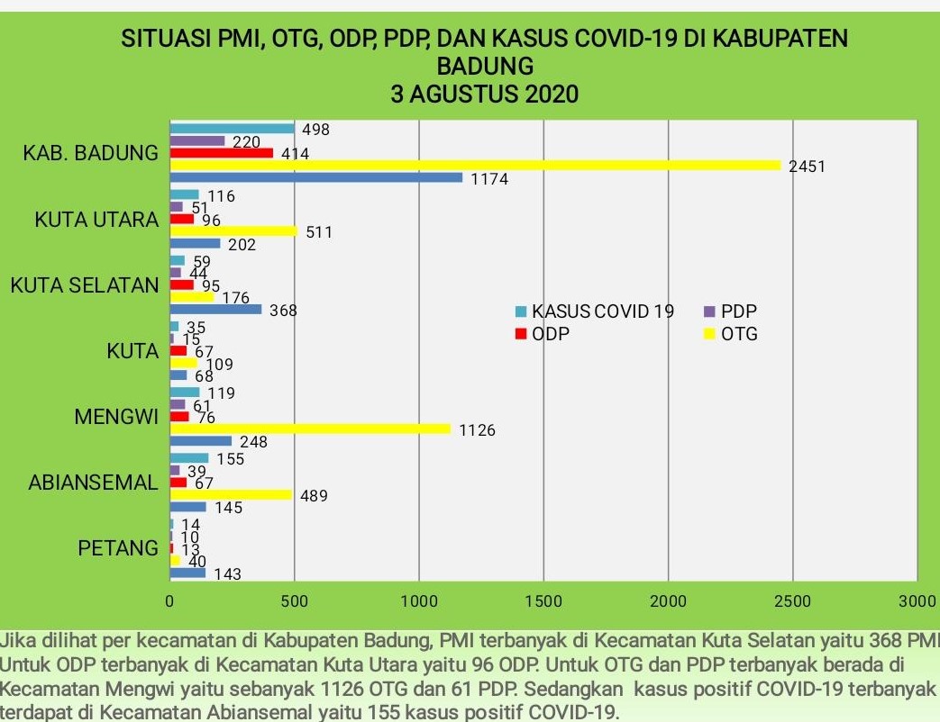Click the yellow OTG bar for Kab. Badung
coord(475,165)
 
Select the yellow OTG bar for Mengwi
coord(310,429)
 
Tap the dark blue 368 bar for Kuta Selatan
coord(215,310)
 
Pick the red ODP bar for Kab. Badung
coord(221,153)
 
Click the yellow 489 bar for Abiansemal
coord(231,494)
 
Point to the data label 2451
coord(807,167)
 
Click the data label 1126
coord(477,431)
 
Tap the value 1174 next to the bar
coord(489,180)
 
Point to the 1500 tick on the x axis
coord(543,600)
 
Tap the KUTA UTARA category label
coord(97,221)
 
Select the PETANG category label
coord(118,547)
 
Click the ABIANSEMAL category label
coord(93,483)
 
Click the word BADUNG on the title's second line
coord(484,67)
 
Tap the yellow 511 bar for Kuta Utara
coord(233,231)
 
